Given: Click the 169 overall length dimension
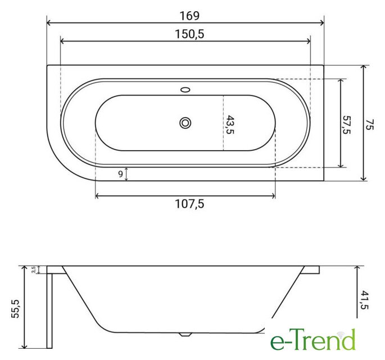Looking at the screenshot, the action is pos(189,16).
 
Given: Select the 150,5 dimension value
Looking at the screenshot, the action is pos(189,34).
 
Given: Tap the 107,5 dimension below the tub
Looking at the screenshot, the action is pos(189,204).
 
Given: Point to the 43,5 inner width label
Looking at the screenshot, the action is pos(230,124).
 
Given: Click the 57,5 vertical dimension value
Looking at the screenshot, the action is pos(346,125).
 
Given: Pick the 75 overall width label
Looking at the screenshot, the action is pos(369,125).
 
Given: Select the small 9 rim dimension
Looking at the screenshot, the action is pos(120,174).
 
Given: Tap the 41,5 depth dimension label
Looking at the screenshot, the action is pos(364,300).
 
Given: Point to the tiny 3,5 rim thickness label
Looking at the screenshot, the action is pos(34,269).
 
